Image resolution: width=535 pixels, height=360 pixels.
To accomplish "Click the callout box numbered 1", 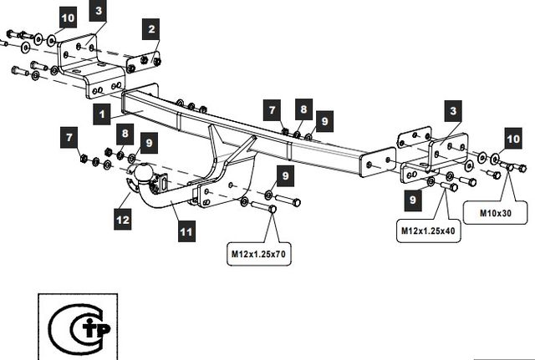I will tap(100, 112).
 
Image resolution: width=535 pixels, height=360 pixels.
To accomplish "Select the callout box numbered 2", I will tap(150, 30).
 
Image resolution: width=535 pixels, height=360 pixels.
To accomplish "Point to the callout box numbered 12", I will tap(123, 221).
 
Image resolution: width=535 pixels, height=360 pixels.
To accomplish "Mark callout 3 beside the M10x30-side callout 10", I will tap(452, 110).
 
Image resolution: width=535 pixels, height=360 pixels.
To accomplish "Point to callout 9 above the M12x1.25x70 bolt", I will tap(285, 175).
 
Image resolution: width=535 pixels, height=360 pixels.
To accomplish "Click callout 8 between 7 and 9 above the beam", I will tap(302, 109).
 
